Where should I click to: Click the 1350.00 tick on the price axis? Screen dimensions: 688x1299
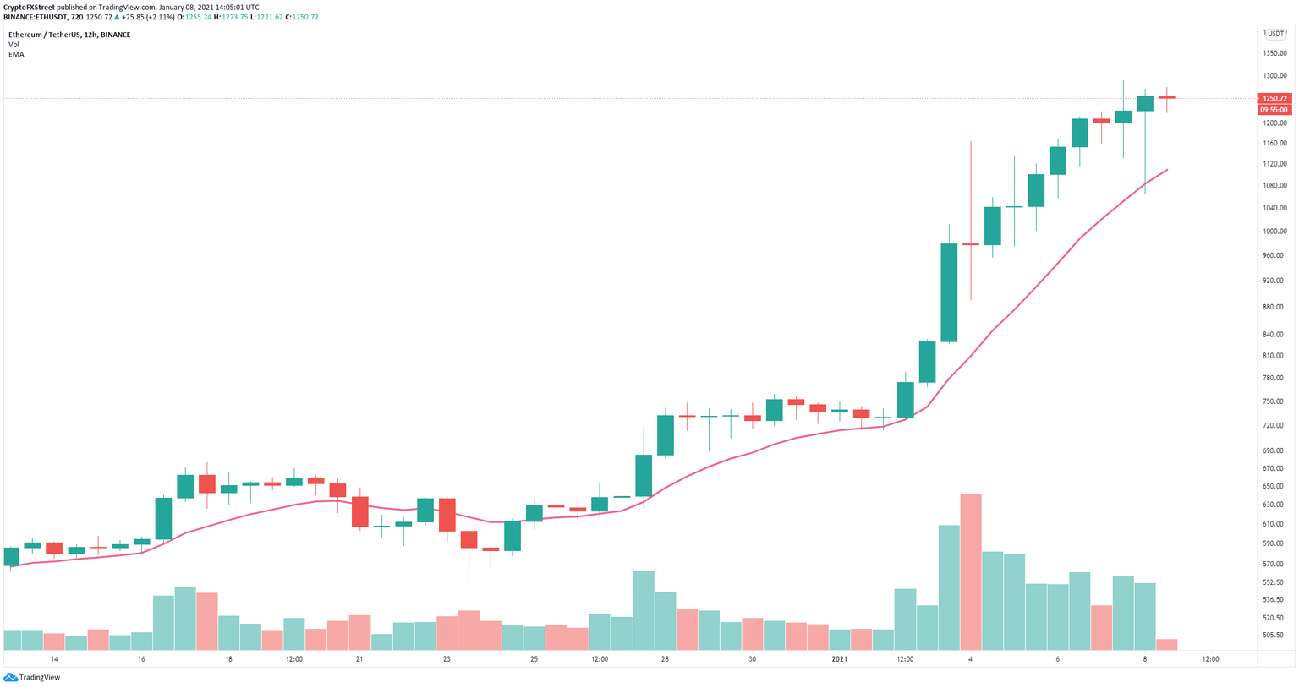1274,53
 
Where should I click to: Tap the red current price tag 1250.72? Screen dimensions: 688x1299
1274,98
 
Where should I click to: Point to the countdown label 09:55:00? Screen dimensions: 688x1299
1274,110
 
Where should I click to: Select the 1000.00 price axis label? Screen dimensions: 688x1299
1274,232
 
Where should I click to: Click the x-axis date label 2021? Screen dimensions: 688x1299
839,659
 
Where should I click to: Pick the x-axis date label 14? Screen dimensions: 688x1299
54,659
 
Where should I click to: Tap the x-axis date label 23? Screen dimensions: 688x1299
447,659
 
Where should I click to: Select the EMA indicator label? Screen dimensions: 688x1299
16,54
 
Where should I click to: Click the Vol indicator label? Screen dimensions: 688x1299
14,45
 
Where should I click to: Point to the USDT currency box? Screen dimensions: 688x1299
1274,34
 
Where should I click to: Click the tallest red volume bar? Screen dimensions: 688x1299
971,571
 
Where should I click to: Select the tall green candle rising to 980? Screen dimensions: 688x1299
949,292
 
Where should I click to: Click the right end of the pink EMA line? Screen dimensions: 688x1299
1167,170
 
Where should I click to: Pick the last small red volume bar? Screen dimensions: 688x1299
1167,644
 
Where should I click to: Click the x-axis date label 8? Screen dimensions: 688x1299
1144,659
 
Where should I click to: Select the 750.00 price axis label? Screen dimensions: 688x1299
1274,402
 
